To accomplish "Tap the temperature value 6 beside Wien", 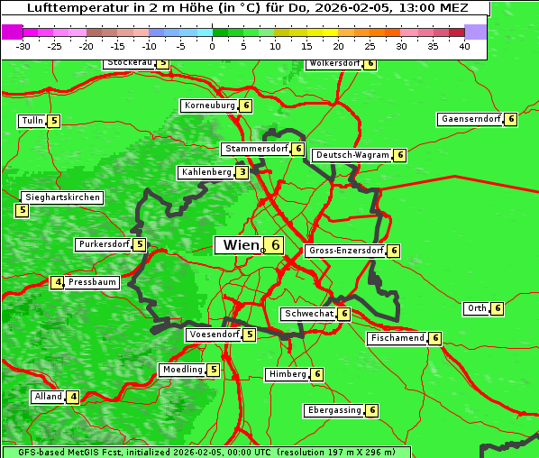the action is point(275,245).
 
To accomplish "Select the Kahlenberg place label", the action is point(206,172).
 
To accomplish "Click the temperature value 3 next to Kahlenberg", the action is point(242,172).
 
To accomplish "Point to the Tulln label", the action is point(32,121).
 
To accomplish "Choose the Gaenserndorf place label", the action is point(469,119).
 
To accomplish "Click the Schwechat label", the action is point(308,314).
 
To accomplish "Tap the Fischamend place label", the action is point(397,338).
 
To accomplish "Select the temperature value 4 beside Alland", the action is point(73,397).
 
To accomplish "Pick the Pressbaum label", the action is point(93,282).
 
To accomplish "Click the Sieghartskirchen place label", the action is point(62,197).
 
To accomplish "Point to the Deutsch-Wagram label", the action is point(352,155).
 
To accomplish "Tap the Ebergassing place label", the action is point(333,410).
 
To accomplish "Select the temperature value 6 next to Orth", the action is point(498,308).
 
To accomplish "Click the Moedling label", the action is point(182,370).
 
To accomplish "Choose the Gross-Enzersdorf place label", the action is point(345,251).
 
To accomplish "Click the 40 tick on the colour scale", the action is point(464,46).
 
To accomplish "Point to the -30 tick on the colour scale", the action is point(23,46).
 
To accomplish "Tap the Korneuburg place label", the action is point(209,105).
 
